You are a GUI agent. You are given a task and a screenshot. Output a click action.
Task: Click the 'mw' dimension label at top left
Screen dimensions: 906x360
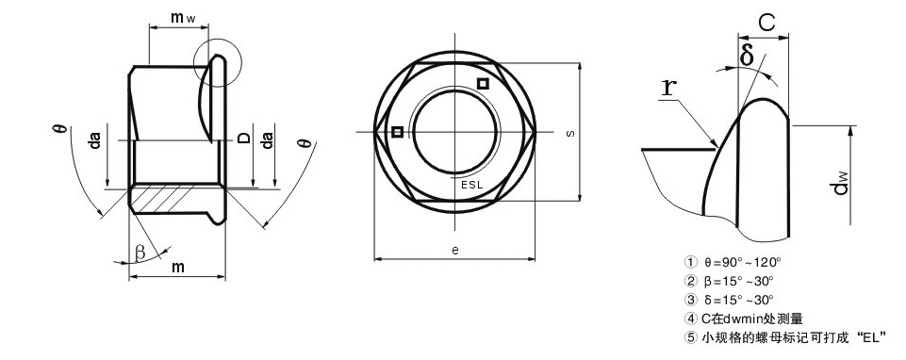tap(183, 18)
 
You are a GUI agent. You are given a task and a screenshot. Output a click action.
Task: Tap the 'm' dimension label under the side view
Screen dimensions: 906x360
tap(178, 267)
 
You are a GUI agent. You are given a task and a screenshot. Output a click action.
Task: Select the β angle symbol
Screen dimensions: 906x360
tap(140, 252)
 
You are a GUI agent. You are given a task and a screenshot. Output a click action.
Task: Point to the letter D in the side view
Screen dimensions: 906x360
tap(244, 138)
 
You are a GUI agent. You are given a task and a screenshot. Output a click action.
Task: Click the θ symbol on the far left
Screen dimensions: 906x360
tap(62, 128)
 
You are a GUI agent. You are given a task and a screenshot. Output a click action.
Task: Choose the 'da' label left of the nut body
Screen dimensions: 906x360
tap(95, 140)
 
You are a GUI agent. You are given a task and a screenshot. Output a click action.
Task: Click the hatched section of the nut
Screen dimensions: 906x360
tap(168, 197)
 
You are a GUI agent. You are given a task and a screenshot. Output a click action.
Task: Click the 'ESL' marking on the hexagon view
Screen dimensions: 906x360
tap(471, 185)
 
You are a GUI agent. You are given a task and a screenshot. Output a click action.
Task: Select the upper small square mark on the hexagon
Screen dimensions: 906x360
tap(483, 84)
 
